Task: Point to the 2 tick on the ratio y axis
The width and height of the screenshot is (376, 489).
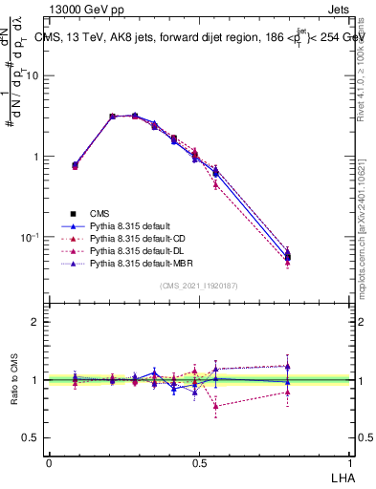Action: point(35,322)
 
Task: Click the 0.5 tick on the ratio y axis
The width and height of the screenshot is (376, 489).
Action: point(32,437)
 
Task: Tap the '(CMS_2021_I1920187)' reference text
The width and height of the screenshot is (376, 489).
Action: point(198,286)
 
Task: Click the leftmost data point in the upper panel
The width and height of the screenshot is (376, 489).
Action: point(75,165)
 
